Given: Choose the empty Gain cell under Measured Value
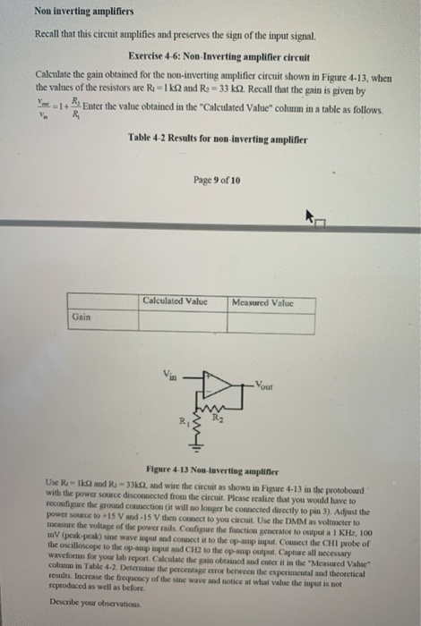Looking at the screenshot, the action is pyautogui.click(x=271, y=317).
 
